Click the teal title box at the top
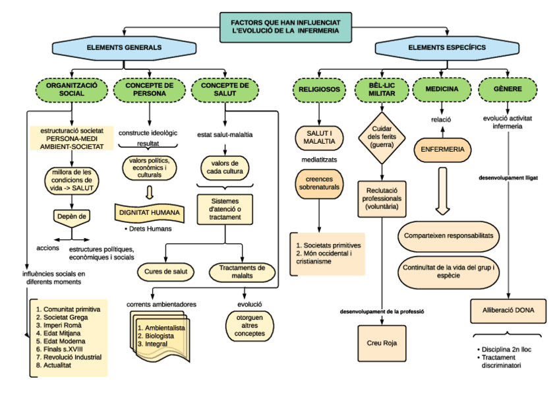(x=285, y=26)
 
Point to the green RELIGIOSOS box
(x=319, y=90)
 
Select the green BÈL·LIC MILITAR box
(x=382, y=90)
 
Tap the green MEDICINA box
(x=442, y=90)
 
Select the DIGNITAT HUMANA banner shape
(x=150, y=212)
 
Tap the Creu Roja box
(x=383, y=344)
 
